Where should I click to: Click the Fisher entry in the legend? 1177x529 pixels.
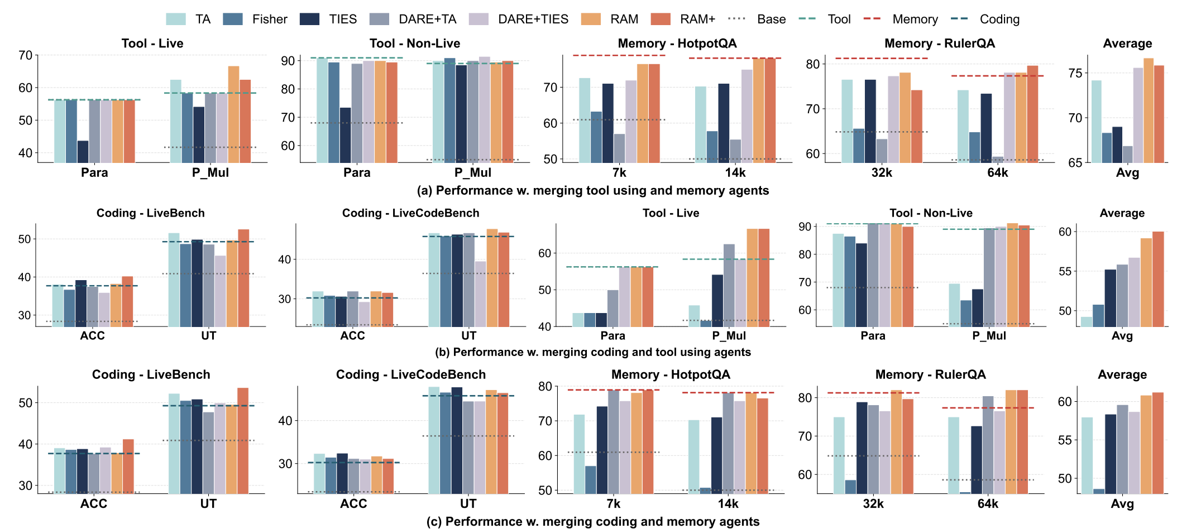(x=255, y=20)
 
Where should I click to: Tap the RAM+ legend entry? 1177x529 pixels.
(x=683, y=20)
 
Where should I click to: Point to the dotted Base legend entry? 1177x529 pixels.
(x=757, y=20)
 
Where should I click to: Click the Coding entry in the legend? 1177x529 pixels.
(x=985, y=20)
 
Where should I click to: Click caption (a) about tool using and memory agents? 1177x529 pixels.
(x=592, y=191)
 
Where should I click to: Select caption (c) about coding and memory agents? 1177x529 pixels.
(x=592, y=522)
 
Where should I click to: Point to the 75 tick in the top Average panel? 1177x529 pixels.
(x=1075, y=73)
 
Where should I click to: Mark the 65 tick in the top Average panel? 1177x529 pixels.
(x=1075, y=163)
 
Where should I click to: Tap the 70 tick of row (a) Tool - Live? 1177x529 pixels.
(x=26, y=55)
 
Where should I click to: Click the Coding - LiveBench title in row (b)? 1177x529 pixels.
(x=150, y=213)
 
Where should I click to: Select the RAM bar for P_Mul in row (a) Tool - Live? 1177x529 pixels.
(x=233, y=114)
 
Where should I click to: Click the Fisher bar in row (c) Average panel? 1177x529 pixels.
(x=1098, y=491)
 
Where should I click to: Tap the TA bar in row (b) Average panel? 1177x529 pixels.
(x=1087, y=321)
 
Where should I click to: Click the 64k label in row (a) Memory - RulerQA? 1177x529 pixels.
(x=997, y=173)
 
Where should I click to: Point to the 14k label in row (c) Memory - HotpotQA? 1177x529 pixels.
(x=728, y=504)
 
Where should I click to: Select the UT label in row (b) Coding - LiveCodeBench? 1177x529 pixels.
(x=468, y=336)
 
